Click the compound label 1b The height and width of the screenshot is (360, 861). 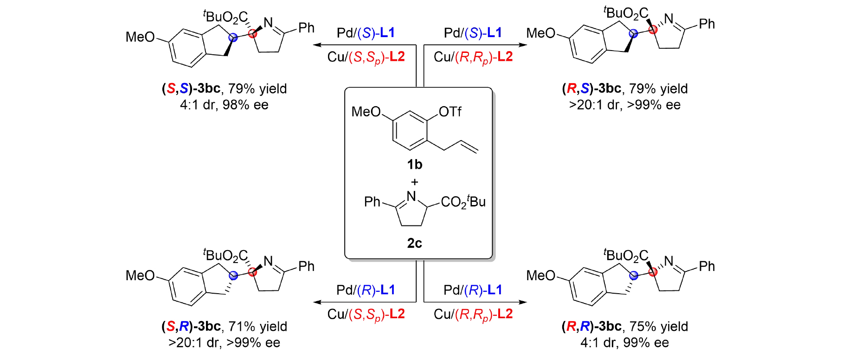(x=414, y=165)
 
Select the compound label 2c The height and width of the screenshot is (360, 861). (x=414, y=243)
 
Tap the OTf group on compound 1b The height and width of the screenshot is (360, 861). (x=450, y=112)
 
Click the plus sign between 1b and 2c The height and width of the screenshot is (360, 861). (x=414, y=182)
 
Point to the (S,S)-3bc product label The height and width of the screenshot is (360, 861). (x=191, y=89)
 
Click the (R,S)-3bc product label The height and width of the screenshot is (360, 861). (x=591, y=89)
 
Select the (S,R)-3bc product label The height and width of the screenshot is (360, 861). (x=191, y=327)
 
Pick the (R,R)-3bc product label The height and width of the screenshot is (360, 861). (x=591, y=327)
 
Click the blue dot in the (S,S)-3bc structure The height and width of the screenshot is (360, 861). (x=233, y=38)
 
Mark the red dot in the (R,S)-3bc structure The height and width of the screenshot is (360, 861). (x=653, y=30)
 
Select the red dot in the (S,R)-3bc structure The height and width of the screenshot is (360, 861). (x=252, y=272)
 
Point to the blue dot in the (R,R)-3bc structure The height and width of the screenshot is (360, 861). (x=634, y=276)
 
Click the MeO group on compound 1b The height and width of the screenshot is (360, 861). (x=366, y=112)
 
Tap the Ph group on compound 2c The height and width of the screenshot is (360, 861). (x=372, y=202)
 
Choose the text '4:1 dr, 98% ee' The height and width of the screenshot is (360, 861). (x=224, y=105)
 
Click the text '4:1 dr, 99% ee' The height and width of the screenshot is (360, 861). (x=624, y=343)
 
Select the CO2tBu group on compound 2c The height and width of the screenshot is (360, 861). (x=463, y=202)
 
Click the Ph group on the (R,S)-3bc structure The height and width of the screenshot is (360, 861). (x=707, y=24)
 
